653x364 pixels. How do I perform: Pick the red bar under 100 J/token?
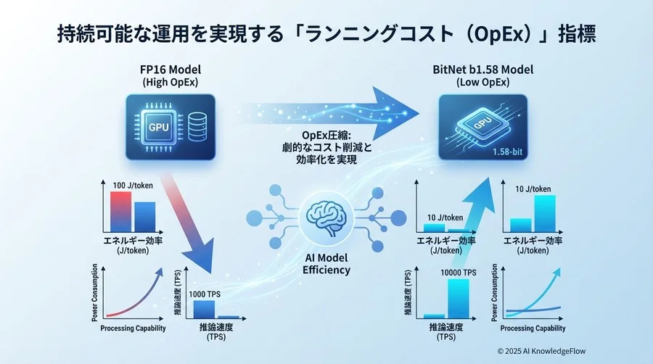(x=120, y=210)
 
